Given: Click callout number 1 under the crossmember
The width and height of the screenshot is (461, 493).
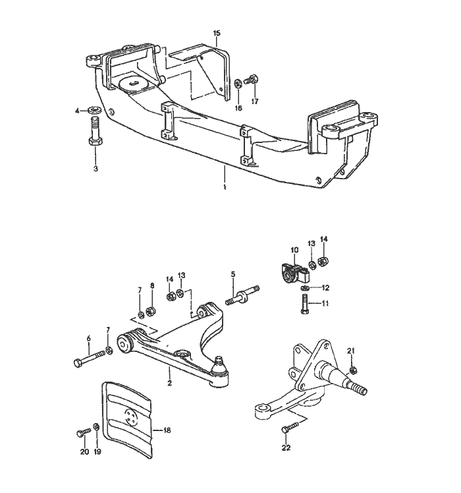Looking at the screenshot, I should click(x=224, y=187).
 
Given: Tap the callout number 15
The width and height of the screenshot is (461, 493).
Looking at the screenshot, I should click(x=217, y=32).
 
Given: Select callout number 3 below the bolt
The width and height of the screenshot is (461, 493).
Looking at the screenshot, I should click(x=96, y=169).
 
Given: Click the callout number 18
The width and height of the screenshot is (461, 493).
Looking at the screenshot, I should click(x=167, y=430).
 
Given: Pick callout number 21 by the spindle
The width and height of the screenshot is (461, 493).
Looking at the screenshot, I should click(x=352, y=349).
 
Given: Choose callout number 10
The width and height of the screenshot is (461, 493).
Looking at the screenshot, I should click(x=294, y=250).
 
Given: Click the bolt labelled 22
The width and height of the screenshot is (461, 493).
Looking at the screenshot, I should click(x=286, y=430).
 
